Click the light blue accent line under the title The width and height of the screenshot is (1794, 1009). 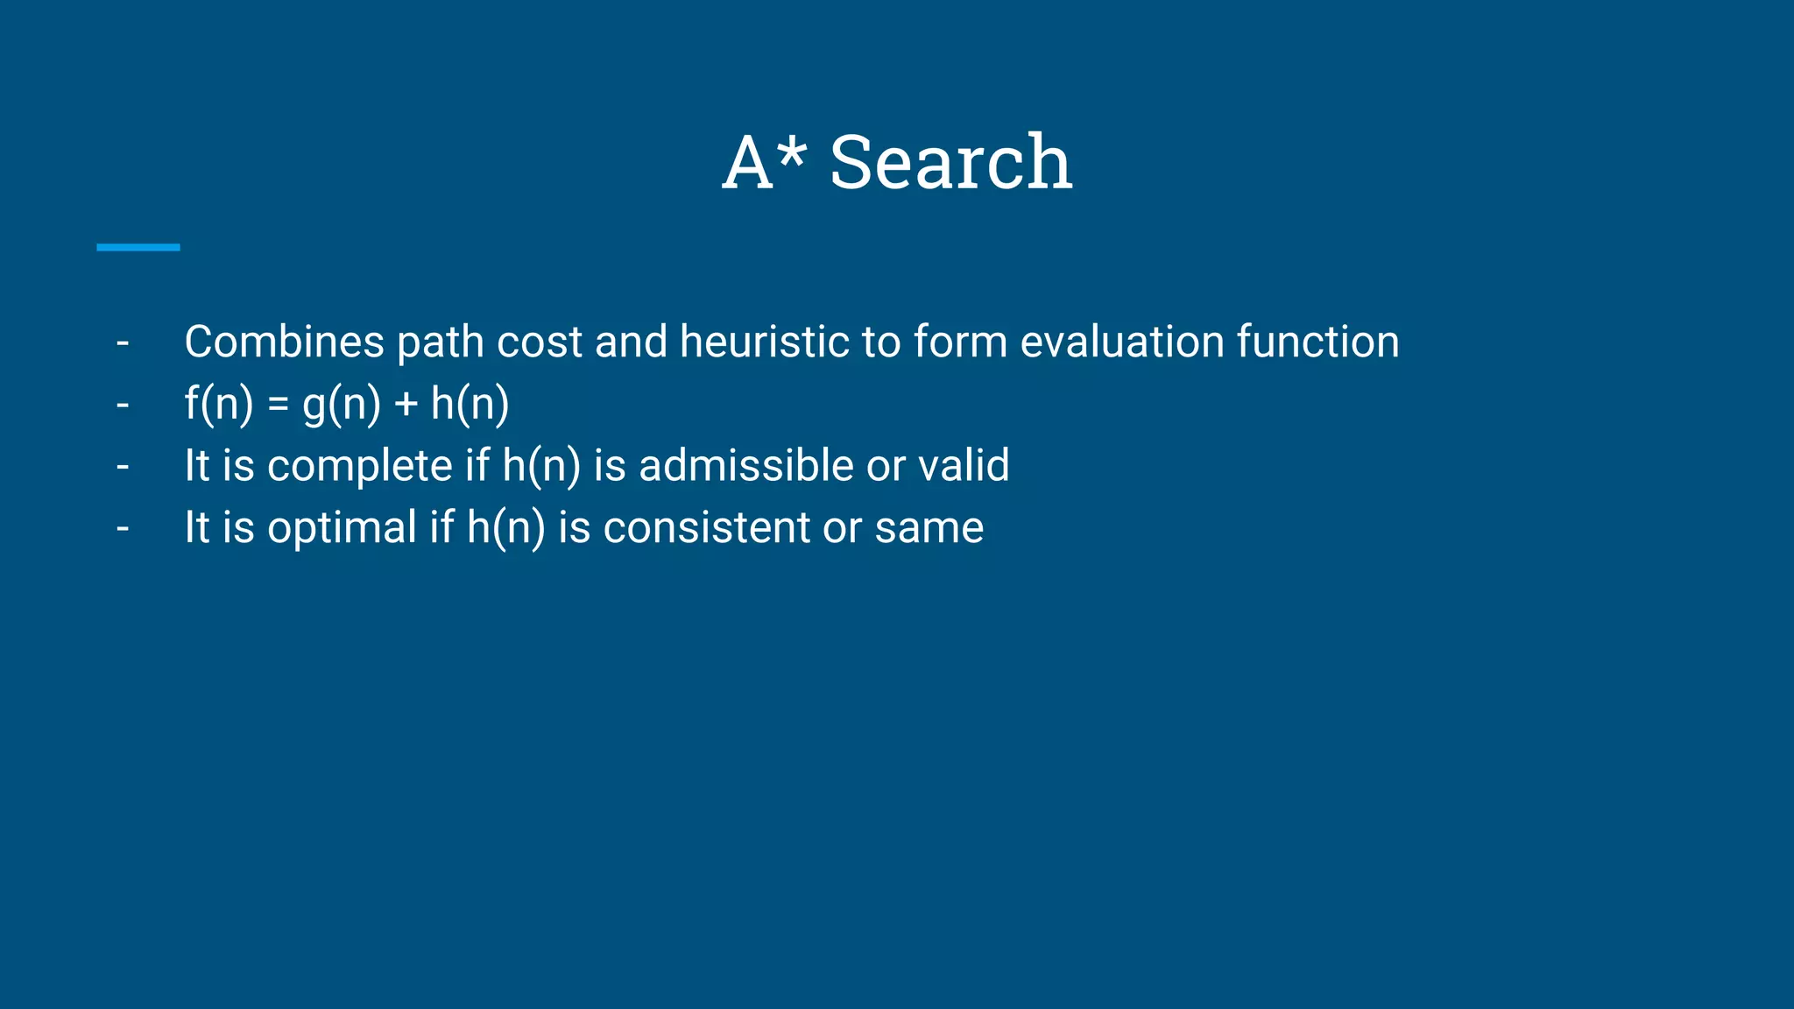pyautogui.click(x=138, y=248)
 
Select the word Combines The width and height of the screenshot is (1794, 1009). pyautogui.click(x=284, y=342)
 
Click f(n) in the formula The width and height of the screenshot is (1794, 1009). pyautogui.click(x=219, y=404)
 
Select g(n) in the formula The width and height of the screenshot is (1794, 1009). pyautogui.click(x=342, y=404)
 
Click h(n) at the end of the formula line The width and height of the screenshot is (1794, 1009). pyautogui.click(x=470, y=404)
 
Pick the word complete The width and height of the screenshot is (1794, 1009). pyautogui.click(x=359, y=466)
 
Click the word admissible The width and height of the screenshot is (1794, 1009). pyautogui.click(x=745, y=465)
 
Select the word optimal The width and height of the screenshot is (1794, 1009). pyautogui.click(x=342, y=528)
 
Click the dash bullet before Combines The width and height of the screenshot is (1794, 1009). pyautogui.click(x=123, y=343)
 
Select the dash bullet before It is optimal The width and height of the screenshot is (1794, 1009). pyautogui.click(x=123, y=529)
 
